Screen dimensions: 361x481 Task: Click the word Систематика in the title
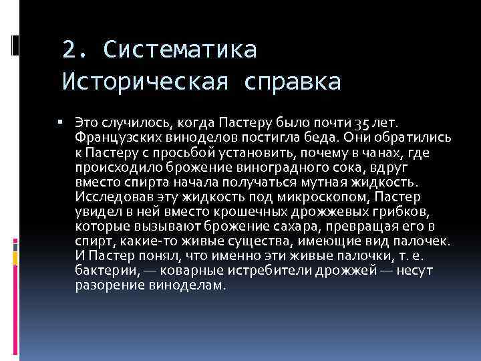point(180,50)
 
